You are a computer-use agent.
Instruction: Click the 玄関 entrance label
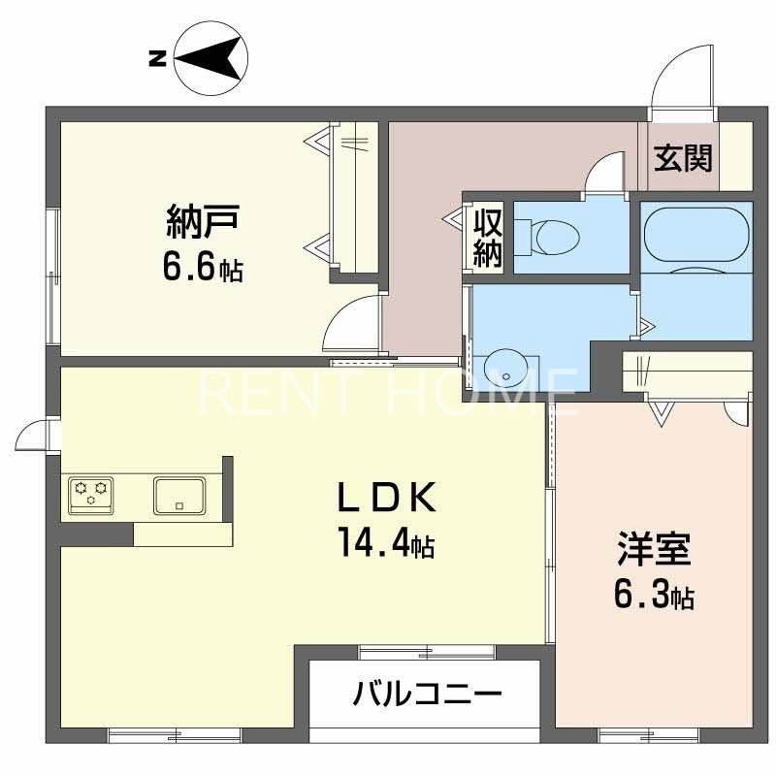coord(682,157)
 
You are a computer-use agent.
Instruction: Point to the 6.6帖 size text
coord(202,268)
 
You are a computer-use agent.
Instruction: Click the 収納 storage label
coord(487,237)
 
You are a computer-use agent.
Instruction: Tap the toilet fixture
coord(548,234)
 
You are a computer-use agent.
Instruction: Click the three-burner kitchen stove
coord(90,494)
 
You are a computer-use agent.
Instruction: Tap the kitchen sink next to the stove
coord(179,495)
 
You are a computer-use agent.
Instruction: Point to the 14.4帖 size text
coord(384,541)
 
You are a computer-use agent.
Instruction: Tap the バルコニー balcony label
coord(428,695)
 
